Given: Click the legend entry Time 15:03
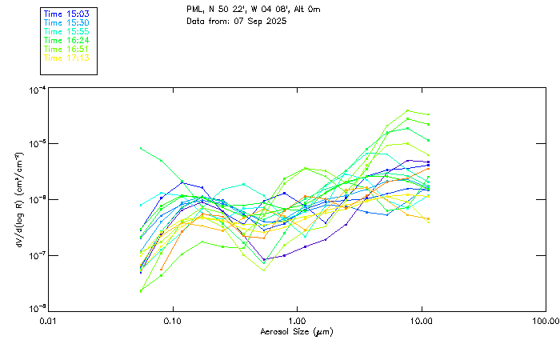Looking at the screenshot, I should (66, 14).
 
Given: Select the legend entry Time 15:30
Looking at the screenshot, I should (66, 23).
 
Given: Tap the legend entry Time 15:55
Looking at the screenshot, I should (66, 31).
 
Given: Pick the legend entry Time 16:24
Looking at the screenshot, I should (66, 40).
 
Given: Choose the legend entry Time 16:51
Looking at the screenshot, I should (66, 49).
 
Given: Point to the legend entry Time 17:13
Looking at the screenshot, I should (66, 58).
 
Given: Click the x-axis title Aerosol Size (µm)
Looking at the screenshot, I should (296, 331).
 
